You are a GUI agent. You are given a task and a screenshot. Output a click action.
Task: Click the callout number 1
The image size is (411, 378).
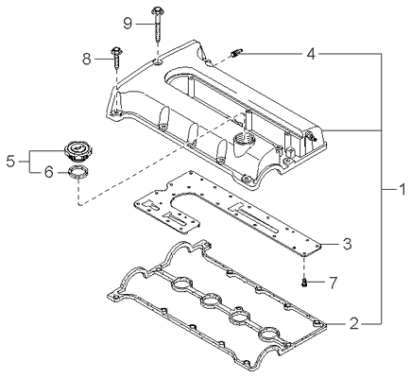pyautogui.click(x=402, y=190)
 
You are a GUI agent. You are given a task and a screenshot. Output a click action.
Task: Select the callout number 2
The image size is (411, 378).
pyautogui.click(x=354, y=323)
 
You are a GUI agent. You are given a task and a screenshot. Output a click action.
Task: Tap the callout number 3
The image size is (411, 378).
pyautogui.click(x=347, y=244)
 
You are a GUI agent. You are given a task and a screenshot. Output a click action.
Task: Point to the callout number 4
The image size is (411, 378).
pyautogui.click(x=311, y=54)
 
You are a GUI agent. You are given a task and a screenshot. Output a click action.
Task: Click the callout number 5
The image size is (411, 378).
pyautogui.click(x=10, y=162)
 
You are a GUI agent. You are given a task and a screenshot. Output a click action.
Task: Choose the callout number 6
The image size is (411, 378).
pyautogui.click(x=48, y=172)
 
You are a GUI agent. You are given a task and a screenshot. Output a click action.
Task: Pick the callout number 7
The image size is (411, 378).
pyautogui.click(x=333, y=283)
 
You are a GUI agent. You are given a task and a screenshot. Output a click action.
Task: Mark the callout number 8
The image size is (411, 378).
pyautogui.click(x=87, y=59)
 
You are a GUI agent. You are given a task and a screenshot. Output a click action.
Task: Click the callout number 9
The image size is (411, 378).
pyautogui.click(x=128, y=24)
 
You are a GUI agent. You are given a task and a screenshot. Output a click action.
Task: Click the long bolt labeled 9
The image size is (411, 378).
pyautogui.click(x=157, y=26)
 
